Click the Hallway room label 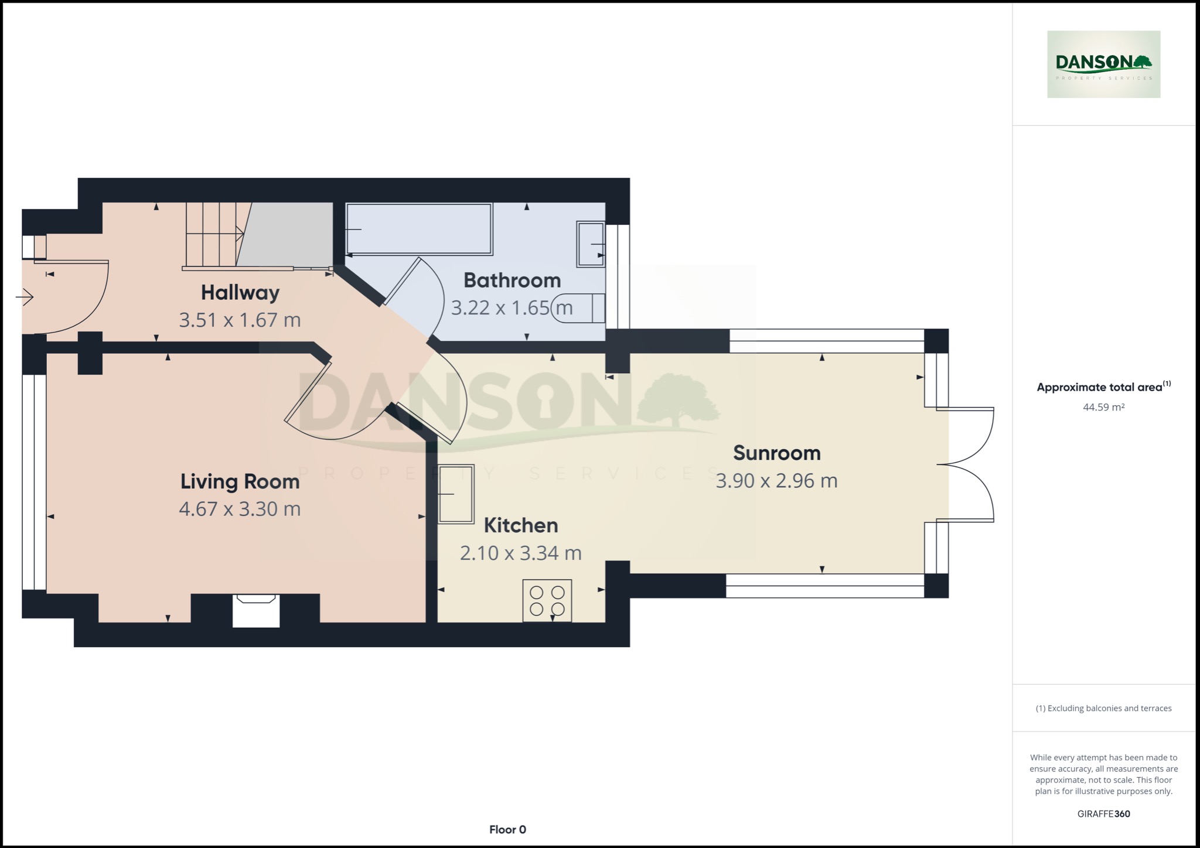(240, 292)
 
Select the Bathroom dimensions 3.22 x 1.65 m (511, 307)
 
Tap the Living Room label (240, 481)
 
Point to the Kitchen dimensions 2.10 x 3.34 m (520, 553)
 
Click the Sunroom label (776, 453)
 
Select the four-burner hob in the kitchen (547, 600)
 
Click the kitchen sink (456, 494)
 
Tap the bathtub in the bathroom (418, 229)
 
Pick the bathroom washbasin (591, 244)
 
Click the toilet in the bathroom (580, 307)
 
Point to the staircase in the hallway (214, 234)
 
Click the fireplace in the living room (255, 610)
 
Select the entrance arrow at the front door (25, 298)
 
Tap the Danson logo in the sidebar (1103, 64)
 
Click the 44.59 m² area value (1103, 407)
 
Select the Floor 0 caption (507, 829)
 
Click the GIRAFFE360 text (1103, 813)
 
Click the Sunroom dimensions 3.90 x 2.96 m (776, 481)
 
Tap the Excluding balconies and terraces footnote (1103, 708)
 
